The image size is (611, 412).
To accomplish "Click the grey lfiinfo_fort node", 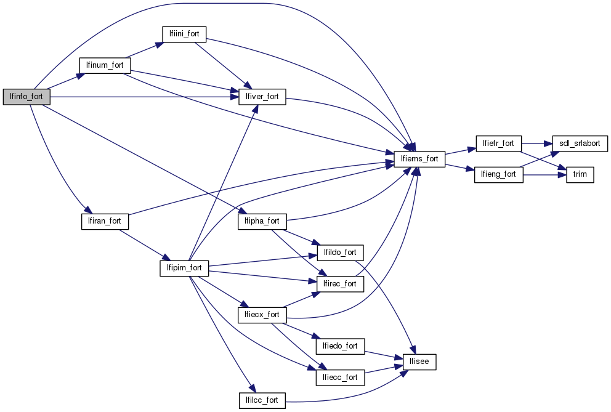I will [x=26, y=97].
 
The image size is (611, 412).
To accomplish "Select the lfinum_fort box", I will [x=105, y=65].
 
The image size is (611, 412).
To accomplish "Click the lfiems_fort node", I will [x=419, y=158].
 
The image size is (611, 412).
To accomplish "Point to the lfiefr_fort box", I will [x=499, y=143].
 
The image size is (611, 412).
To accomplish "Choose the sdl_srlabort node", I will [x=580, y=143].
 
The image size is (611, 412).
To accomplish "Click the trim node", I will [x=580, y=174].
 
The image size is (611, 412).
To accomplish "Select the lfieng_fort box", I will [x=498, y=174].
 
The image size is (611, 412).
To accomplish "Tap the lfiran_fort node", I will [x=105, y=221].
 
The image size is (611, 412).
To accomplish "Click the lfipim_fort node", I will [x=184, y=268].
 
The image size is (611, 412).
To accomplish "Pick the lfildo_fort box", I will [x=341, y=252].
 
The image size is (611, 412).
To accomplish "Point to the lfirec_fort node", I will [x=341, y=284].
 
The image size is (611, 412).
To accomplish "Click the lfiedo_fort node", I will [x=341, y=345].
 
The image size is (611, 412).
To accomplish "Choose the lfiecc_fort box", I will [x=341, y=377].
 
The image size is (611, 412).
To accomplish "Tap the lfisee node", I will [x=419, y=362].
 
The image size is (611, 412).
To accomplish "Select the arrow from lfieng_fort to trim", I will [x=542, y=174].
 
